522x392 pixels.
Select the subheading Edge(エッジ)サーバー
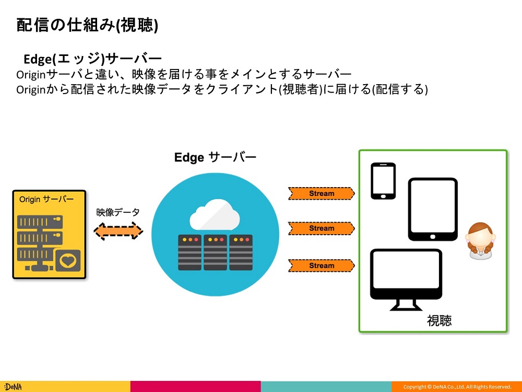point(92,58)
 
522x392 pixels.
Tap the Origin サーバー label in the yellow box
point(46,200)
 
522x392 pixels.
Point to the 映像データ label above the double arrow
point(118,213)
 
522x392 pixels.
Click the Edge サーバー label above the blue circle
point(215,157)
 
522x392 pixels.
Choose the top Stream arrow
point(322,193)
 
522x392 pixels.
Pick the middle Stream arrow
point(322,228)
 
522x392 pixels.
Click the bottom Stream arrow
point(322,266)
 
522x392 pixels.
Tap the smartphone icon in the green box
point(383,181)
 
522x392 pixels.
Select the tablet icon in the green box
point(433,210)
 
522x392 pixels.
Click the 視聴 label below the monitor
point(439,320)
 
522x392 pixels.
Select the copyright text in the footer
point(457,387)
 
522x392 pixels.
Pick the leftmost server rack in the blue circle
point(189,252)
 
